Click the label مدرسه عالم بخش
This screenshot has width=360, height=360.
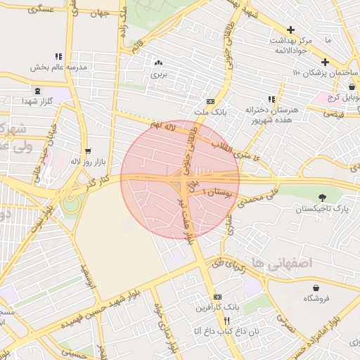(58, 67)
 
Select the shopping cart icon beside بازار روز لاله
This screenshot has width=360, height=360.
(88, 151)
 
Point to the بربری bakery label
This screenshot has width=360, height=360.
(158, 73)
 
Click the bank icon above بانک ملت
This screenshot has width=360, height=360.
(211, 101)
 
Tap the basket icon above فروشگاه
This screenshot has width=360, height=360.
(316, 287)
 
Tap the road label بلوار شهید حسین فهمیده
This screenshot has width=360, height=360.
(88, 313)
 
